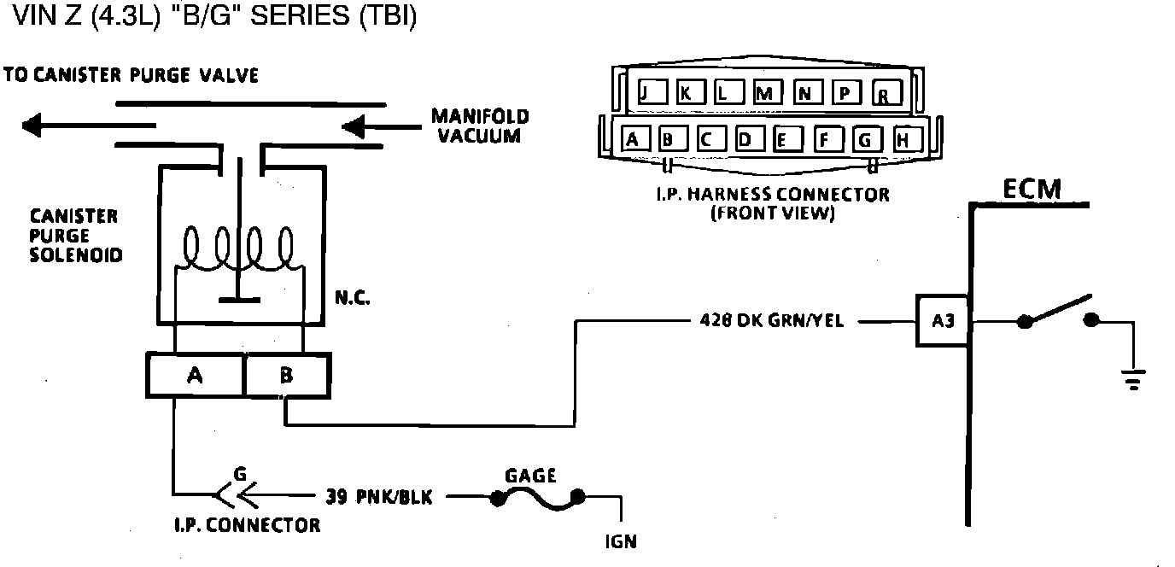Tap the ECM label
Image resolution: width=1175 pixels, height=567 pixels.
point(1032,189)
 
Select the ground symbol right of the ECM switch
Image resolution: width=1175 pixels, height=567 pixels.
point(1133,379)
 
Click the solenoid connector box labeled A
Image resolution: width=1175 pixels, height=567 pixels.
point(195,376)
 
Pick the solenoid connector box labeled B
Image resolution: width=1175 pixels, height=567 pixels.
point(287,376)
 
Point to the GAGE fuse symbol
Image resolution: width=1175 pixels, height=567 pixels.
point(535,497)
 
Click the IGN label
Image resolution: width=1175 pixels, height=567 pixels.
point(620,541)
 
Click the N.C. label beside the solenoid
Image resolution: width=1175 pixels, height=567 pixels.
point(352,301)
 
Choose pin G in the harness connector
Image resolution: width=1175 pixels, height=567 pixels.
point(866,138)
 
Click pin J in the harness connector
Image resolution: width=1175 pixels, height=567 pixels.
point(646,92)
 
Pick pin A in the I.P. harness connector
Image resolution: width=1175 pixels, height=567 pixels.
point(632,138)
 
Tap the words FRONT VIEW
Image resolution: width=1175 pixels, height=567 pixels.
point(772,213)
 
